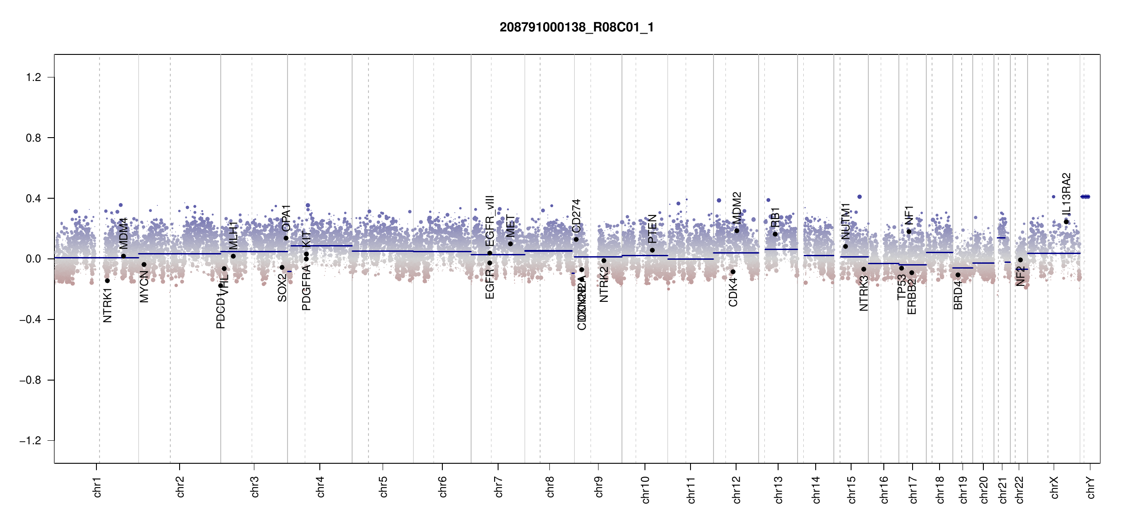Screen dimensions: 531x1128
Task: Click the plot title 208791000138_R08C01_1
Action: click(576, 27)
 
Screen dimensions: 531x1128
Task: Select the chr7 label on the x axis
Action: click(499, 487)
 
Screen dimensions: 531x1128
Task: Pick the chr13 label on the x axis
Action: click(778, 489)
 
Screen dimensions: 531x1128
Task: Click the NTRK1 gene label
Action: click(107, 305)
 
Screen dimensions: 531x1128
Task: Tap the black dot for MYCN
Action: click(144, 265)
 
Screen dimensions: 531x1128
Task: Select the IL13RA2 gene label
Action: click(1066, 193)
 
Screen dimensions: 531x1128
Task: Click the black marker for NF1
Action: click(909, 231)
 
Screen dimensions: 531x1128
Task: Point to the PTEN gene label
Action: click(652, 229)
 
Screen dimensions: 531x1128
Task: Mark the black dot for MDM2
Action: click(737, 231)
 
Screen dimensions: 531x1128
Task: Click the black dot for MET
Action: click(510, 244)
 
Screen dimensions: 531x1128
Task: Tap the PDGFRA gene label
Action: click(306, 288)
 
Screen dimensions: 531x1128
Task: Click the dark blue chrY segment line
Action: click(1085, 196)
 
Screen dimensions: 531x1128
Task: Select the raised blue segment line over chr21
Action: click(1001, 238)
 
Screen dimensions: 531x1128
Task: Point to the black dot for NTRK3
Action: click(863, 269)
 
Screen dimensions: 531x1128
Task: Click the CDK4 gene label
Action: click(733, 292)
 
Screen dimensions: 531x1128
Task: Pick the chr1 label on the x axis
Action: click(97, 487)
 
